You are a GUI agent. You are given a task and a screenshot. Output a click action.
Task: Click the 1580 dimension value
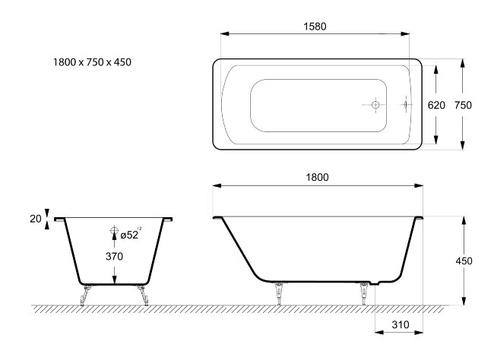pos(315,27)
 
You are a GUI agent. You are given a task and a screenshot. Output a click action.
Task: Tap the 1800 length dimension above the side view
pos(317,177)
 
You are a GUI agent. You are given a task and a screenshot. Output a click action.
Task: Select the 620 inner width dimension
pos(436,105)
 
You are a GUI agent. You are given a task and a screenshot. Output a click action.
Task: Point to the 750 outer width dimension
pos(463,105)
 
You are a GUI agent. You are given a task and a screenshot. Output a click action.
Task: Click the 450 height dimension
pos(464,261)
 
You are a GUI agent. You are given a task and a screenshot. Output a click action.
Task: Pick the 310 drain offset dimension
pos(401,324)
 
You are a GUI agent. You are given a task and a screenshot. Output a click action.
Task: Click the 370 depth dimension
pos(114,257)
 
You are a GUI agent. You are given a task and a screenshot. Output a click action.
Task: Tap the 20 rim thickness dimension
pos(36,219)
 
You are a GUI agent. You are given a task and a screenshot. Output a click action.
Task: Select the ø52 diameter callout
pos(129,235)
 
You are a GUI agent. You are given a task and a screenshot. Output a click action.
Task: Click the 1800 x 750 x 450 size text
pos(92,62)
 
